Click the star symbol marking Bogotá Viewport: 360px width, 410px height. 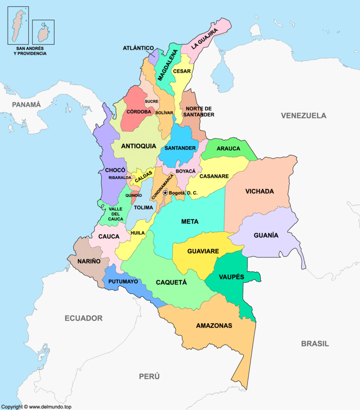click(x=165, y=193)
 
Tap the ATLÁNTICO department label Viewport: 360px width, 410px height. click(x=138, y=48)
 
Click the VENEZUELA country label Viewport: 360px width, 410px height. click(x=303, y=116)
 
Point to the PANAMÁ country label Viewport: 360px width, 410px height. click(x=26, y=105)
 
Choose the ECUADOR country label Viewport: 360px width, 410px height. click(x=84, y=318)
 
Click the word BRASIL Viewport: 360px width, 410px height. click(x=315, y=344)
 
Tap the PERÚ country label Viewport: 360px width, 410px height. click(x=149, y=376)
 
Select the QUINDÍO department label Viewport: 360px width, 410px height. click(x=133, y=195)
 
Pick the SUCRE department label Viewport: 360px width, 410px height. click(x=152, y=101)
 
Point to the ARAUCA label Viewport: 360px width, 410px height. click(x=228, y=149)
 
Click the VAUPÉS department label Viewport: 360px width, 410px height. click(x=231, y=277)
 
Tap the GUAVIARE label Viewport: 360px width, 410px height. click(x=203, y=251)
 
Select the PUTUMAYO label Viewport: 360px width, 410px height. click(x=123, y=281)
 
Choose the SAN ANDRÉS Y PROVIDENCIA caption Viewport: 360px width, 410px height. click(x=30, y=50)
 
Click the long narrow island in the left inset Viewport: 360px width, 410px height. click(x=17, y=25)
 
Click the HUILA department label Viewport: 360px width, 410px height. click(x=137, y=233)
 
